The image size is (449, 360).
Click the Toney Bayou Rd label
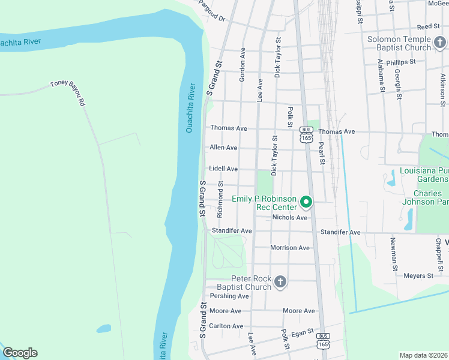click(x=68, y=92)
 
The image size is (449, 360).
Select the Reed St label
click(x=429, y=27)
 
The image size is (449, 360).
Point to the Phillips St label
click(x=401, y=62)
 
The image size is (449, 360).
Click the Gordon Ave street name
click(x=243, y=65)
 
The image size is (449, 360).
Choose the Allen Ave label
click(x=223, y=148)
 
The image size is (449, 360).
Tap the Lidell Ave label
click(x=223, y=169)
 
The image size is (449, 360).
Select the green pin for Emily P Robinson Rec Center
click(x=306, y=202)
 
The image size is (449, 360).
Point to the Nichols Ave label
click(x=290, y=217)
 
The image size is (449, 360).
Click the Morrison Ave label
click(x=290, y=248)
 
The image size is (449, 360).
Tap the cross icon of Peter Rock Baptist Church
click(x=280, y=281)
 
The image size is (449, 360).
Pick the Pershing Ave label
click(x=229, y=296)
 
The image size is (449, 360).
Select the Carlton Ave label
click(x=226, y=326)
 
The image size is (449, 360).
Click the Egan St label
click(x=302, y=331)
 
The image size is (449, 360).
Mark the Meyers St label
click(x=418, y=276)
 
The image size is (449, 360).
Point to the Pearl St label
click(x=322, y=153)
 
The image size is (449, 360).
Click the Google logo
click(x=20, y=353)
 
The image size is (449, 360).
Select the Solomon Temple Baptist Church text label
click(x=399, y=43)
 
